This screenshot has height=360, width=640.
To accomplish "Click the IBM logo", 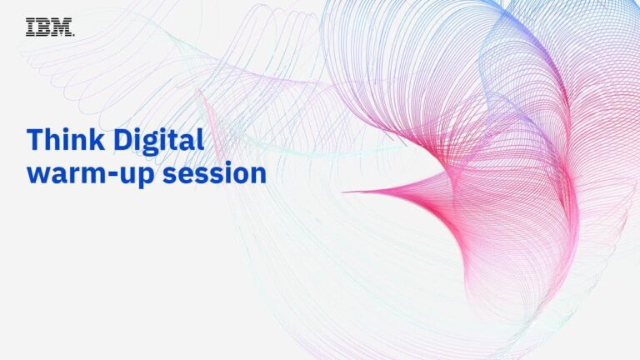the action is [x=50, y=27].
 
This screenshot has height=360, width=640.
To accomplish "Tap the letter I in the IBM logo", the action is [x=30, y=27].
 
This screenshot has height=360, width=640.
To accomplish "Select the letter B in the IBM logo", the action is [x=42, y=27].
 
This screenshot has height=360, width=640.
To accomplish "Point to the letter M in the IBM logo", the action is [x=62, y=27].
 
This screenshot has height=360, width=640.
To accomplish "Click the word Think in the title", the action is [x=65, y=139].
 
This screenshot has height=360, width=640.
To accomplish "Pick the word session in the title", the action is [x=215, y=173].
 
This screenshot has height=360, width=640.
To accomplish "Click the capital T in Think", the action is [x=35, y=140].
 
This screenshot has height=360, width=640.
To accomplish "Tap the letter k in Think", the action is [x=97, y=139].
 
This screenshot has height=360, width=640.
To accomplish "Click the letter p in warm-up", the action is [x=147, y=177].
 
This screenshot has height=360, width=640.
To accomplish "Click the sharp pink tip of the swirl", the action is [x=343, y=192].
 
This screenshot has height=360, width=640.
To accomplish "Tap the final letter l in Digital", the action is [x=200, y=139].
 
